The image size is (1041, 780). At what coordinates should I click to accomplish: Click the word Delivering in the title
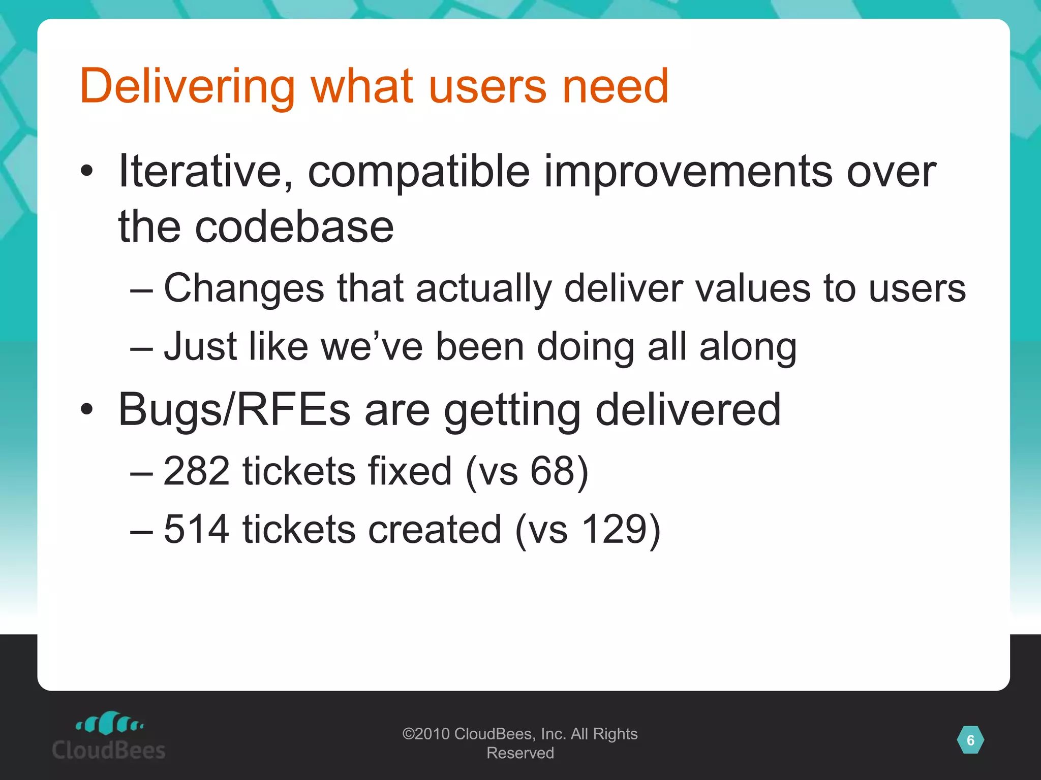coord(187,86)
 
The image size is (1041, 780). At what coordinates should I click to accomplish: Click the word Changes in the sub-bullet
coord(244,288)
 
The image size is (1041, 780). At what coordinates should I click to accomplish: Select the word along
coord(748,347)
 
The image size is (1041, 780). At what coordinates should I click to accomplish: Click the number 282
coord(197,471)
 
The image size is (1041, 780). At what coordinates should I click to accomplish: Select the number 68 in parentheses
coord(552,471)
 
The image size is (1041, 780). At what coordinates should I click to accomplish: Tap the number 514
coord(197,529)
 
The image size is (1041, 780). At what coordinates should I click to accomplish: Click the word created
coord(435,529)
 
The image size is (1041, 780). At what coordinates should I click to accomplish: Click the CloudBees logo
coord(109,736)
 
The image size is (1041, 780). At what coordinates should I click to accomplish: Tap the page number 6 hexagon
coord(970,740)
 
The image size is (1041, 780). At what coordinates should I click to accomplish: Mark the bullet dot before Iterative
coord(87,172)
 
